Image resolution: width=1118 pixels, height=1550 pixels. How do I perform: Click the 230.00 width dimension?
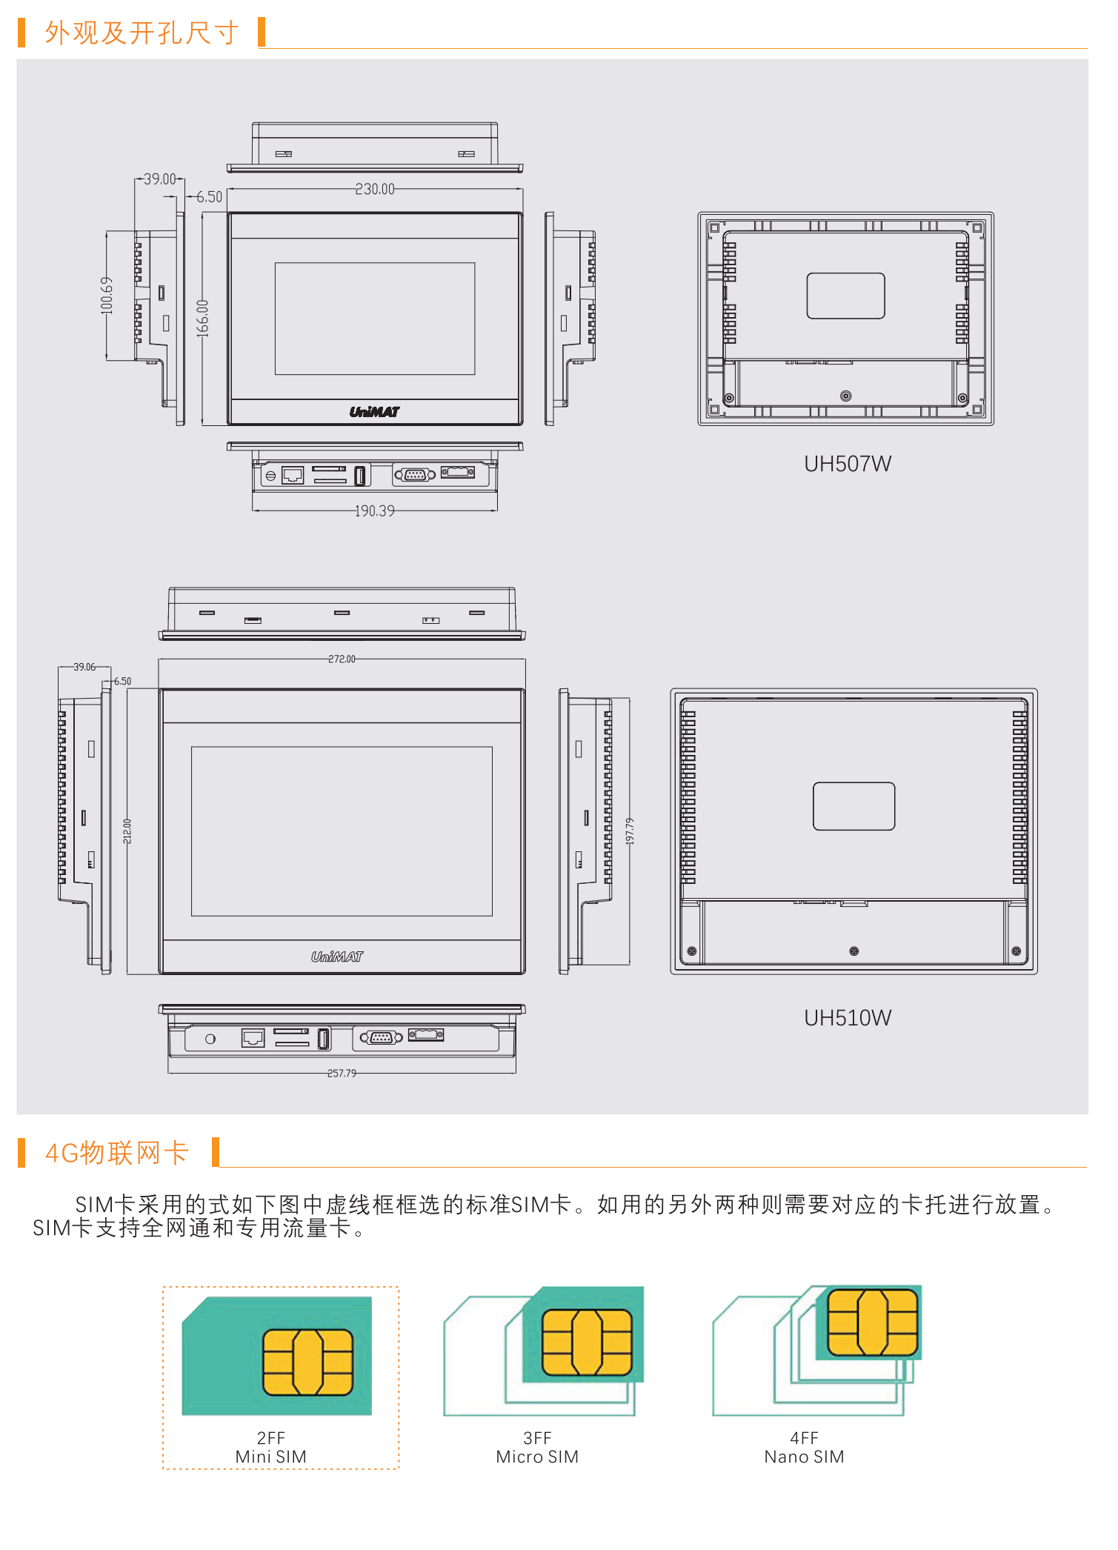(375, 189)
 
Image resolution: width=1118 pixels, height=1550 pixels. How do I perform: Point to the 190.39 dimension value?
(374, 510)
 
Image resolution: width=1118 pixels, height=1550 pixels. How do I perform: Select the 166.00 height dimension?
(202, 319)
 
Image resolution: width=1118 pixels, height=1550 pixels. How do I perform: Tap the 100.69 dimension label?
(107, 296)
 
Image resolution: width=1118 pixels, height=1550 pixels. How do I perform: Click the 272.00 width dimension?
(342, 659)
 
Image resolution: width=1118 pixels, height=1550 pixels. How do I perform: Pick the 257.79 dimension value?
(342, 1073)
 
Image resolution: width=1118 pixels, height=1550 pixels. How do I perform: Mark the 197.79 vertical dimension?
(630, 831)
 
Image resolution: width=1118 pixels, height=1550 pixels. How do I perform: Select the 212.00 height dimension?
(127, 831)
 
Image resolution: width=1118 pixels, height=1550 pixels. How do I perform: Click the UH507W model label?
(847, 464)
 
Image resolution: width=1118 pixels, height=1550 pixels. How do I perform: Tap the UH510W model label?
(847, 1018)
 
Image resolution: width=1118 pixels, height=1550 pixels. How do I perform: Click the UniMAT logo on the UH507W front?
(374, 412)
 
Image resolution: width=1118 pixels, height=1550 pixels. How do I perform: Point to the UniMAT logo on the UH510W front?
(337, 957)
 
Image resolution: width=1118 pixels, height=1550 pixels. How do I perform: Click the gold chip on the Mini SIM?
(307, 1362)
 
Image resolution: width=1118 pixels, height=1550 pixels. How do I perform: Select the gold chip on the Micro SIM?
(587, 1342)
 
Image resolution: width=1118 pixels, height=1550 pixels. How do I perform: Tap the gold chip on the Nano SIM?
(872, 1323)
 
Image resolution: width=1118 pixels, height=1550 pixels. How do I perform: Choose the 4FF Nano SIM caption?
(804, 1448)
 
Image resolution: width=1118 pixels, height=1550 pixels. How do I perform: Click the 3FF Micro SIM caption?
(537, 1448)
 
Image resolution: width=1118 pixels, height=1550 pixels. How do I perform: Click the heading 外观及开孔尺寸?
(142, 33)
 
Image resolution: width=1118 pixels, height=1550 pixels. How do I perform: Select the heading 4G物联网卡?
(117, 1153)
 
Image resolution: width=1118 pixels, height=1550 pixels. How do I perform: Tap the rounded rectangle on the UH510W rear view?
(854, 806)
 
